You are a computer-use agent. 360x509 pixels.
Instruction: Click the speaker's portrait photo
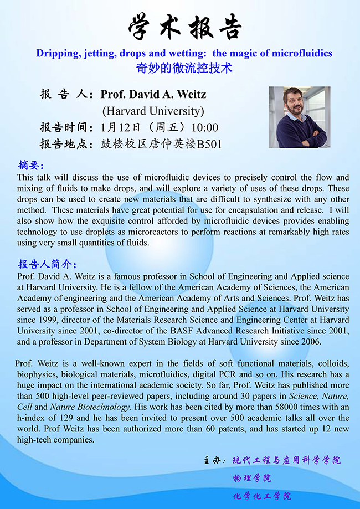point(299,117)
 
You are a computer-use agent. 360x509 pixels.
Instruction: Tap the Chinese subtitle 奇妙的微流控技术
point(184,68)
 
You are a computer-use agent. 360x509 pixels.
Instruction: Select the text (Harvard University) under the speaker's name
point(153,111)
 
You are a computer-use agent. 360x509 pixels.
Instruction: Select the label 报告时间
point(65,127)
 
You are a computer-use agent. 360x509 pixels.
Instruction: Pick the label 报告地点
point(65,145)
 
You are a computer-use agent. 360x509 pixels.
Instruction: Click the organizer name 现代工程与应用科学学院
point(286,460)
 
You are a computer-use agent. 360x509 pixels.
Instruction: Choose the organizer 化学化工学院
point(262,496)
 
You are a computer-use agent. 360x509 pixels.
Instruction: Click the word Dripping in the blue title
point(54,53)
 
